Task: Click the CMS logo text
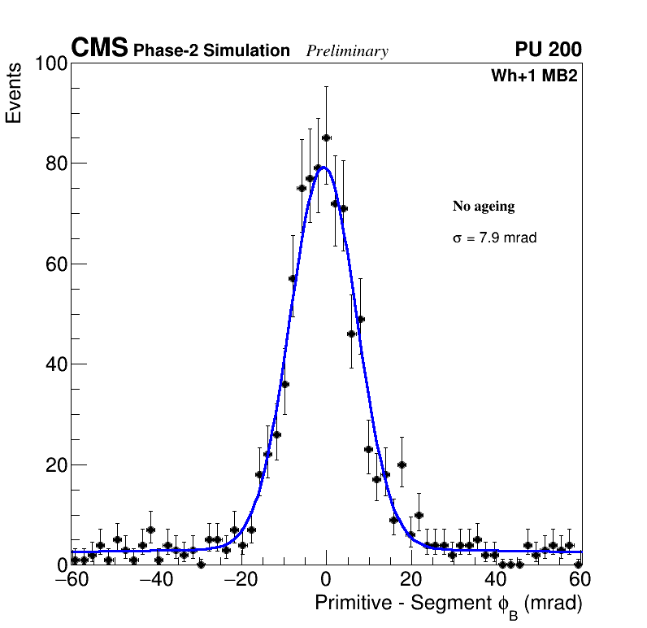[99, 49]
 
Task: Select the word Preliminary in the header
[347, 51]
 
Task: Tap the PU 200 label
[548, 50]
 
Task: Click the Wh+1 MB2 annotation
[534, 76]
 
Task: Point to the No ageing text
[484, 207]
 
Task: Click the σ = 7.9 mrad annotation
[494, 238]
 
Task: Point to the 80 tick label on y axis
[54, 164]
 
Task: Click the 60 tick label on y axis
[54, 264]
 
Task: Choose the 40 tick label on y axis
[54, 364]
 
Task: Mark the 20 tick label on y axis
[54, 465]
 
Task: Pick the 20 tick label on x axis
[411, 579]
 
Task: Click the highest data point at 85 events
[326, 138]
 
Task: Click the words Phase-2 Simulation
[211, 51]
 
